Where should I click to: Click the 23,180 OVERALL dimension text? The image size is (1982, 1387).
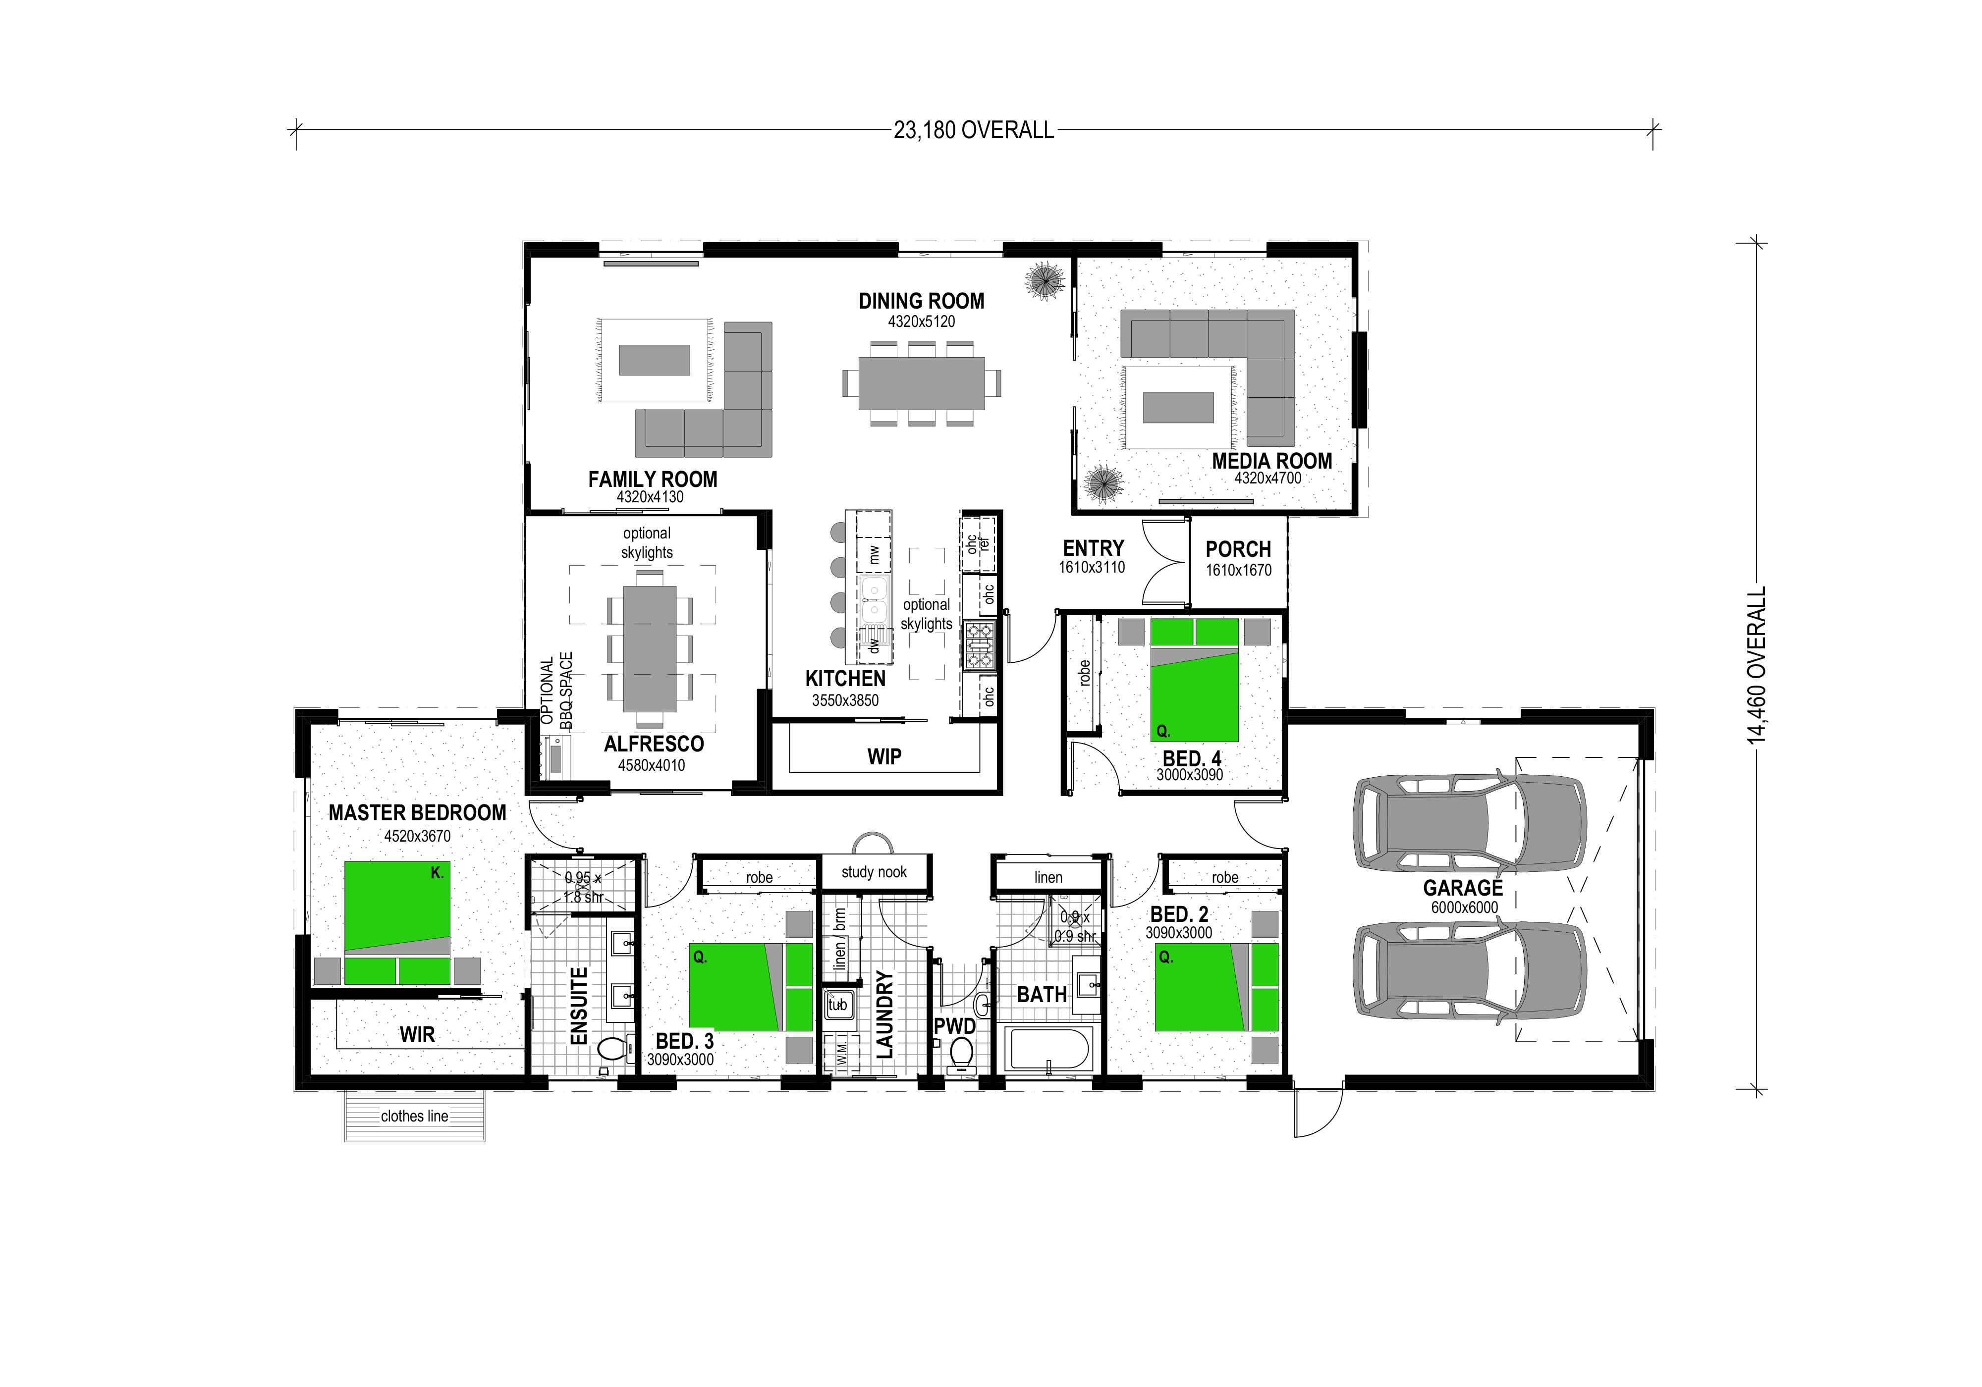coord(974,130)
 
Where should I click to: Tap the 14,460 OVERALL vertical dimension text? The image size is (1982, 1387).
coord(1757,665)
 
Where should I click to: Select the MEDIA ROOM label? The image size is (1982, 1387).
coord(1271,461)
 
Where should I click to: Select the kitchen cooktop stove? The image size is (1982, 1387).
coord(980,645)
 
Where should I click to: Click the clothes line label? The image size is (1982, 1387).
coord(414,1116)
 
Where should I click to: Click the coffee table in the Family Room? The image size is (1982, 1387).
coord(655,360)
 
